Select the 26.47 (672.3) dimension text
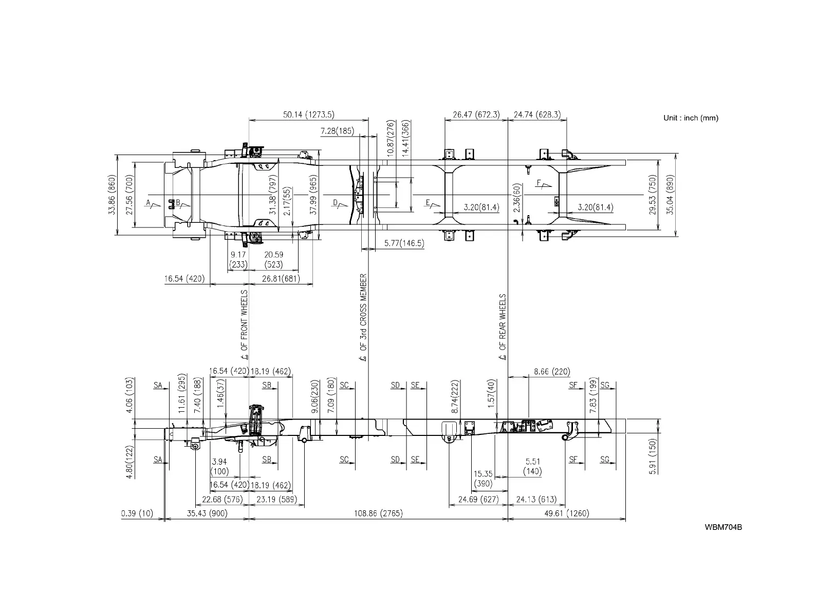point(476,114)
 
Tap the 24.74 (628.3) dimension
point(537,114)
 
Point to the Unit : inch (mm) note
point(691,118)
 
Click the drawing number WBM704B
point(723,527)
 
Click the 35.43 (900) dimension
point(207,513)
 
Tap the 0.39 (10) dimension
point(137,513)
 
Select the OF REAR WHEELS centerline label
point(503,327)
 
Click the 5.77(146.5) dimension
point(404,243)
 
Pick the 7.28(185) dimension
point(337,131)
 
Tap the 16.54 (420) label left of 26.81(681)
point(184,279)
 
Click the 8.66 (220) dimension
point(551,371)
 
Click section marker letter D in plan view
point(336,203)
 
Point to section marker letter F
point(539,183)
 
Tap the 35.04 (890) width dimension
point(670,195)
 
